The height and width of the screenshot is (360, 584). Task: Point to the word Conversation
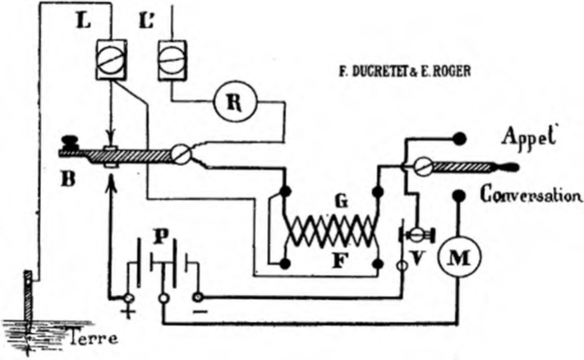coord(531,194)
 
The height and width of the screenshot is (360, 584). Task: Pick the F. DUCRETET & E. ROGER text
coord(404,71)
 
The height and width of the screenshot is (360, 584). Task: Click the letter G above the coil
coord(341,201)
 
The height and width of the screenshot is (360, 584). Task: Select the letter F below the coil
coord(339,261)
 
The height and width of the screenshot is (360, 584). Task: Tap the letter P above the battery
coord(161,236)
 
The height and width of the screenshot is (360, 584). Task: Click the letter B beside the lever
coord(68,178)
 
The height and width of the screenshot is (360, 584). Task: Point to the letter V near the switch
coord(418,257)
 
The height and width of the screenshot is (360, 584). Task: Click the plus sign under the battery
coord(128,312)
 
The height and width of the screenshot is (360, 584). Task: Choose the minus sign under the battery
coord(200,311)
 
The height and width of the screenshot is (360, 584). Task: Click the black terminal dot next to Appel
coord(459,139)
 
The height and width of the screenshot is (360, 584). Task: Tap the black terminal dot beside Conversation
coord(459,195)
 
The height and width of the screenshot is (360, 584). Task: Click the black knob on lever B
coord(71,143)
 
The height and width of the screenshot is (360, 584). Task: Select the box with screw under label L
coord(112,60)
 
